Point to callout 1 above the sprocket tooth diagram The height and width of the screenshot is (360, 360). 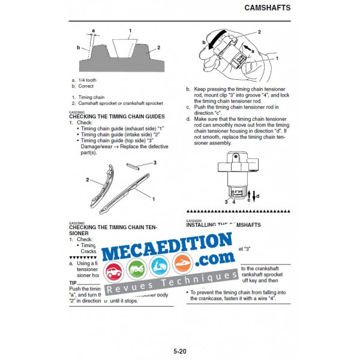click(x=130, y=30)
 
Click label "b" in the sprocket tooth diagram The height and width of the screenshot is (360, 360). click(x=78, y=46)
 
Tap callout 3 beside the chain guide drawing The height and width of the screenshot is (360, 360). click(x=155, y=163)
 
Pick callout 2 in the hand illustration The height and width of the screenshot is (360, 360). click(x=259, y=32)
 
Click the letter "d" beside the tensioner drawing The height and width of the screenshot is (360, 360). click(x=258, y=196)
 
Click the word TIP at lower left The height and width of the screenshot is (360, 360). click(x=73, y=283)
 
